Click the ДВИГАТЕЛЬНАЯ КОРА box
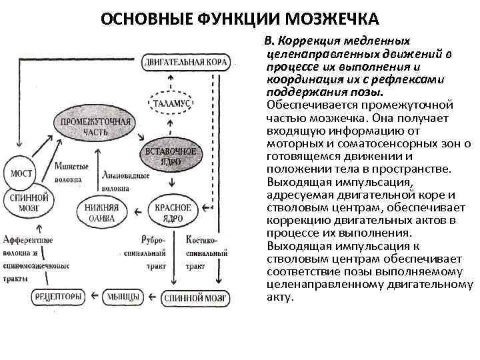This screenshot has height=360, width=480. (186, 63)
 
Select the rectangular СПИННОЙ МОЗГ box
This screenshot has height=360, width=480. (189, 295)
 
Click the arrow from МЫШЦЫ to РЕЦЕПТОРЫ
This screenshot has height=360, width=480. (93, 295)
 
